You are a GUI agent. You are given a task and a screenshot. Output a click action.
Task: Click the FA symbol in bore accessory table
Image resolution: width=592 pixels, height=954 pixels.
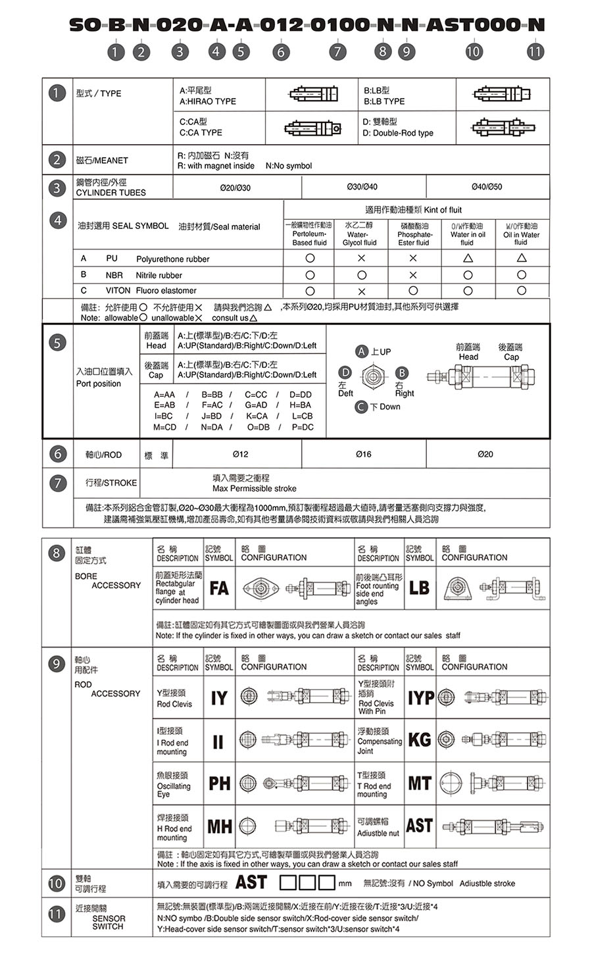(x=219, y=588)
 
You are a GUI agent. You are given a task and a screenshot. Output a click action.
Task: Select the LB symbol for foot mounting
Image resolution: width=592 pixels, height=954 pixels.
(x=419, y=588)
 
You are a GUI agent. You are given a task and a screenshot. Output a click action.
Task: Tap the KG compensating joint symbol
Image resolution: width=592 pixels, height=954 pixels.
(x=420, y=740)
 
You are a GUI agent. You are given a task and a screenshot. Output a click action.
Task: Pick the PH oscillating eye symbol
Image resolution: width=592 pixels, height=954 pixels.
(x=220, y=783)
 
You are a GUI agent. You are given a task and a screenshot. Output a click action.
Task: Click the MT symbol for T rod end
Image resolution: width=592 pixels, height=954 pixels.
(x=420, y=783)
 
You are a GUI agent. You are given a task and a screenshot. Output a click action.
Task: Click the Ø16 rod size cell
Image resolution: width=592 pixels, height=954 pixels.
(x=363, y=454)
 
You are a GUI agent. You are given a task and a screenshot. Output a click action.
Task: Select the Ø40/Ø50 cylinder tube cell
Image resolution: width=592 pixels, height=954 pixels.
(x=487, y=187)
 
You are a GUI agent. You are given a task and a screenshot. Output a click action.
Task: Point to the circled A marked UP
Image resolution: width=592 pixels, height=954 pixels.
(x=361, y=351)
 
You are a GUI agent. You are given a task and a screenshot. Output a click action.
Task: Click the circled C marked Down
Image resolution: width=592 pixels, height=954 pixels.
(x=361, y=407)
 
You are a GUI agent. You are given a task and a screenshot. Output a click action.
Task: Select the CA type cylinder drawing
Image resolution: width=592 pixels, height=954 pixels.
(x=312, y=128)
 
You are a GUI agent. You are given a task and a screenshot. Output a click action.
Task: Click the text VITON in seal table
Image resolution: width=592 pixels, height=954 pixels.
(x=118, y=290)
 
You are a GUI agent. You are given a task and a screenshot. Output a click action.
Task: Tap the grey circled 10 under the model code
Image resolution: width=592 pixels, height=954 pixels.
(x=473, y=51)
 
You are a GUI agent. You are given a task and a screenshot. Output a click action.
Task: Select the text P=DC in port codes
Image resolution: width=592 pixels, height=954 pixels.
(x=303, y=427)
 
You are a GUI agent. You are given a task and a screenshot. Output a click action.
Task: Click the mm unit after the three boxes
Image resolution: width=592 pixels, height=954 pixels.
(x=345, y=883)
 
